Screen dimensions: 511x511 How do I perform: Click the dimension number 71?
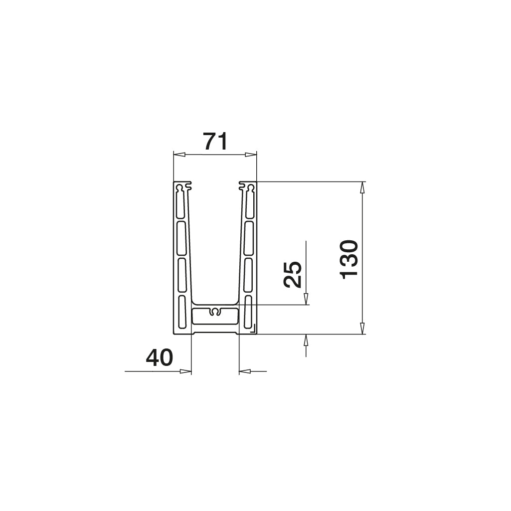[x=215, y=141]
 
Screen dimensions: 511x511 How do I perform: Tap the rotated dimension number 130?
[x=349, y=260]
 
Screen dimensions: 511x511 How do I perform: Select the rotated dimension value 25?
[x=293, y=274]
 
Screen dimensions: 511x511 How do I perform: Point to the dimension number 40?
[x=160, y=357]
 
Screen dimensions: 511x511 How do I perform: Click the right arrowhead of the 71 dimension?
[x=251, y=155]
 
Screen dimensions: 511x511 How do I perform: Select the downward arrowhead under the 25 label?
[x=306, y=299]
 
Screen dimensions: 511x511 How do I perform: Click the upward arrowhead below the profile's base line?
[x=306, y=341]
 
